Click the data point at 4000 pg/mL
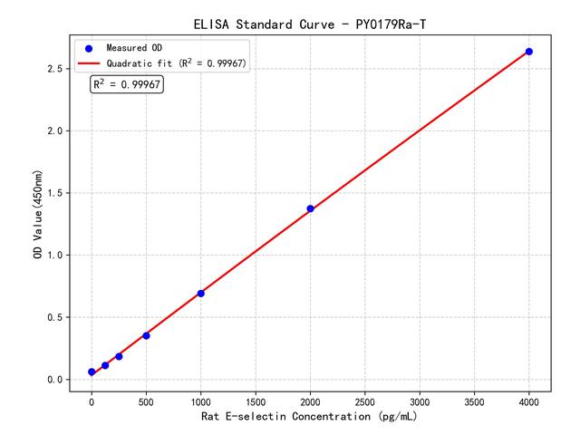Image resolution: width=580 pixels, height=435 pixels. pos(529,52)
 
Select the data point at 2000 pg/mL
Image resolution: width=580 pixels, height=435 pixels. pos(310,208)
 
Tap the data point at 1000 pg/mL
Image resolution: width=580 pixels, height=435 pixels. pos(200,293)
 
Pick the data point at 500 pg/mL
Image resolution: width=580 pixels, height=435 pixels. pos(146,335)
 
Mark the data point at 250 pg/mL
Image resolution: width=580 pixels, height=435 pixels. pos(119,356)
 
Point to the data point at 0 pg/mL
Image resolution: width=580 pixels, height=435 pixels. pos(92,372)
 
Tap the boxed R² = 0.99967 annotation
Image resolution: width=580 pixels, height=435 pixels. pos(127,84)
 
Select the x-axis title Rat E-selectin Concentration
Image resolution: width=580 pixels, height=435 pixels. pos(310,417)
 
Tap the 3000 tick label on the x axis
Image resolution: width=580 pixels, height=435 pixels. pos(420,400)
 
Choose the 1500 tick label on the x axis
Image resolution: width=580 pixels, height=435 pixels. pos(256,400)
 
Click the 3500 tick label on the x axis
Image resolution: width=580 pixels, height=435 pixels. pos(475,400)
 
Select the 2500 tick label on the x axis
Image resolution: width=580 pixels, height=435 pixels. pos(365,400)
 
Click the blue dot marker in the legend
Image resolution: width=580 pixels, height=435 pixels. pos(89,48)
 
